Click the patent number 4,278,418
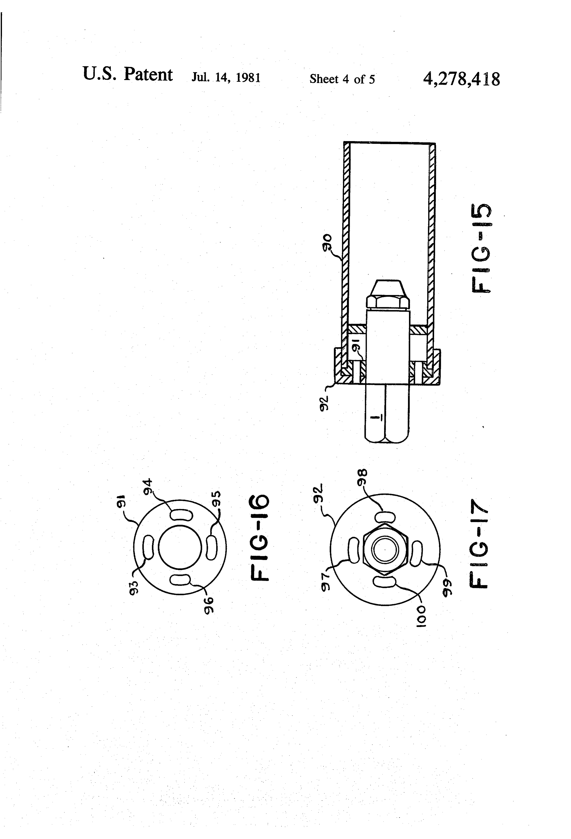coord(462,79)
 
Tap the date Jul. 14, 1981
coord(226,78)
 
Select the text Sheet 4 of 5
coord(342,79)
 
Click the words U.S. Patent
coord(128,74)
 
